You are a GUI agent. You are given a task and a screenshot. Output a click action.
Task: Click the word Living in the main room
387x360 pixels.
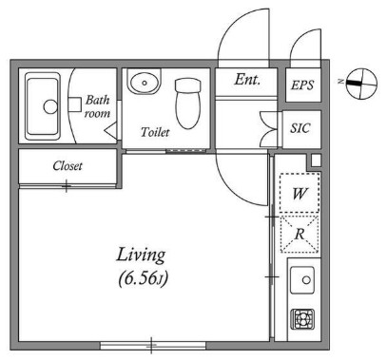pyautogui.click(x=141, y=256)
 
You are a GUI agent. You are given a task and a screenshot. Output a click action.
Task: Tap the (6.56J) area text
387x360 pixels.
pyautogui.click(x=143, y=279)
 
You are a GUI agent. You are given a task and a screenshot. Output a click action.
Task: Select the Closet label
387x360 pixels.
pyautogui.click(x=68, y=165)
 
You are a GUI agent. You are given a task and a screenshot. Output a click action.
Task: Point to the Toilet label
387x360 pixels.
pyautogui.click(x=155, y=132)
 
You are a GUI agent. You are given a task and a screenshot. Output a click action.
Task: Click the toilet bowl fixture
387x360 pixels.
pyautogui.click(x=188, y=104)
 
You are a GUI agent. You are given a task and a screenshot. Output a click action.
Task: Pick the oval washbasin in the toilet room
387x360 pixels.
pyautogui.click(x=145, y=82)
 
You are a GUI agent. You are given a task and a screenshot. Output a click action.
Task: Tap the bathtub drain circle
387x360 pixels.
pyautogui.click(x=50, y=106)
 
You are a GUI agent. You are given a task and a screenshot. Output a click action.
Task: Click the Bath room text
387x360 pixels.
pyautogui.click(x=97, y=106)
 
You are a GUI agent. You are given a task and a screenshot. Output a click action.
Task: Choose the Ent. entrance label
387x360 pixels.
pyautogui.click(x=247, y=79)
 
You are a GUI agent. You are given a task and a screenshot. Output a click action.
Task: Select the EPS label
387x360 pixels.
pyautogui.click(x=302, y=85)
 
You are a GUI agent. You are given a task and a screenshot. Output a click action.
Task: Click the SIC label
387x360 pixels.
pyautogui.click(x=300, y=128)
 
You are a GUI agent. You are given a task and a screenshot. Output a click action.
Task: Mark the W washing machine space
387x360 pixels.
pyautogui.click(x=300, y=193)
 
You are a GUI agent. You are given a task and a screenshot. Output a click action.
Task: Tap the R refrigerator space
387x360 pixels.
pyautogui.click(x=300, y=234)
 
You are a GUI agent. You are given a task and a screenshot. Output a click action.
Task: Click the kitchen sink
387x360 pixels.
pyautogui.click(x=302, y=279)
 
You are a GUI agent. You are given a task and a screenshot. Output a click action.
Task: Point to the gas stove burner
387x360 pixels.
pyautogui.click(x=302, y=319)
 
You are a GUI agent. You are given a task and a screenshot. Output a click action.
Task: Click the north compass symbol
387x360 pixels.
pyautogui.click(x=361, y=84)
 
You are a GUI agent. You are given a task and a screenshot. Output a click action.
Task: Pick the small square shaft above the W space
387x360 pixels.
pyautogui.click(x=316, y=161)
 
